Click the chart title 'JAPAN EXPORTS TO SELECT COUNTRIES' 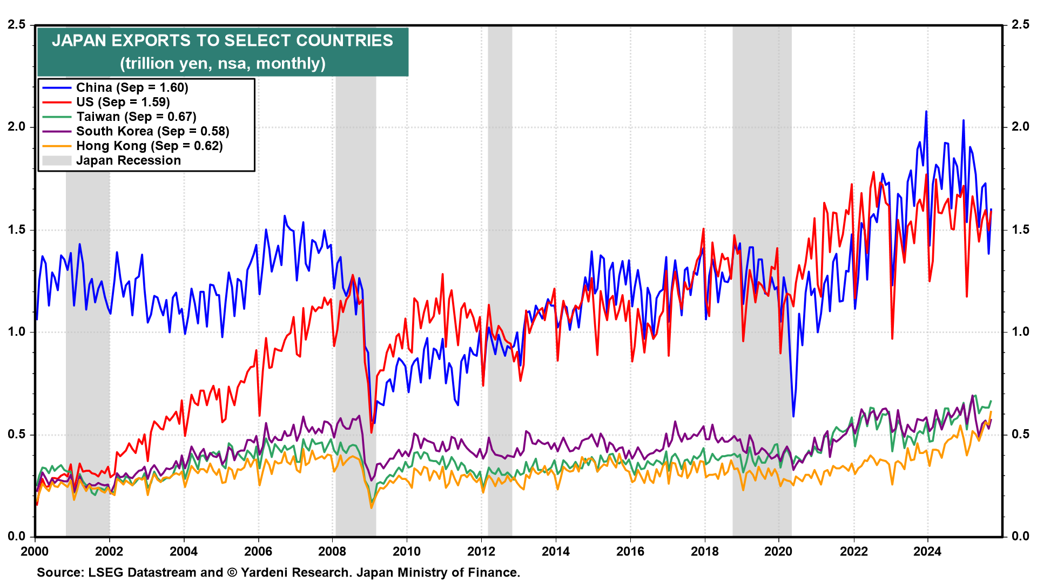223,41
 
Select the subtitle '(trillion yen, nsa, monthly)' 223,64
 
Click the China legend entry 132,87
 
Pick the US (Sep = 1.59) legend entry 123,102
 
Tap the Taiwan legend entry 136,117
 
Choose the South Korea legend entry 152,131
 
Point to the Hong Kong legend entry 149,146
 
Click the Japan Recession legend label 129,160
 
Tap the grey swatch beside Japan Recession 57,160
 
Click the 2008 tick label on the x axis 332,551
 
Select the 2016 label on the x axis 630,551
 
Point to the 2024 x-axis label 927,551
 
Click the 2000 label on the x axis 35,551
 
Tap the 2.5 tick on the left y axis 16,25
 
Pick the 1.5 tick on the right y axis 1020,229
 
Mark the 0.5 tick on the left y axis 16,435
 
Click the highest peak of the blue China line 926,112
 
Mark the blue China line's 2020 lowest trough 793,416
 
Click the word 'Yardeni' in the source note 265,573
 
